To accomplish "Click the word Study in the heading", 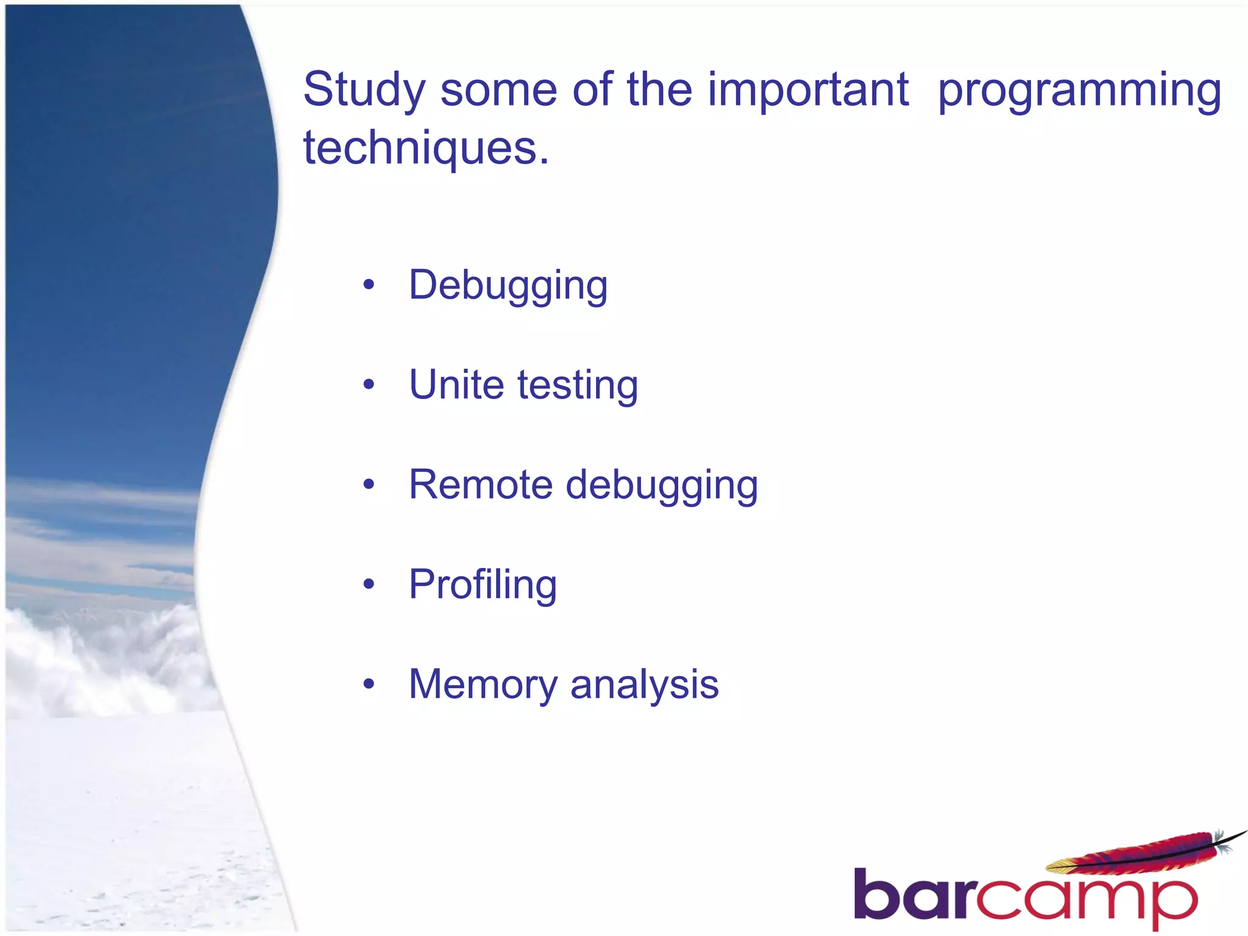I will [364, 90].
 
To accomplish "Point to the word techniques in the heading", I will [420, 148].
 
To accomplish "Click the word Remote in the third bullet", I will [481, 485].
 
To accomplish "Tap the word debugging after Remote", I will [662, 486].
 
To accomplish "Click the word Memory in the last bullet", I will [483, 685].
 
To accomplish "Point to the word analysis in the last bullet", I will [644, 685].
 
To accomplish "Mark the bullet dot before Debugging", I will [368, 285].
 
